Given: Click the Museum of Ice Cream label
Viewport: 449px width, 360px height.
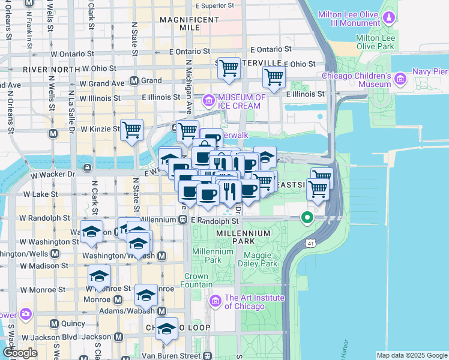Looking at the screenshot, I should point(242,101).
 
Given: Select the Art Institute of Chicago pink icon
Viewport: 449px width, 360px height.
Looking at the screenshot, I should point(216,300).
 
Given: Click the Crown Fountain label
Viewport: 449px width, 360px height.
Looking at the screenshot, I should point(196,281).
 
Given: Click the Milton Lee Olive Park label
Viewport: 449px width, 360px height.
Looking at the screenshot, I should point(375,41).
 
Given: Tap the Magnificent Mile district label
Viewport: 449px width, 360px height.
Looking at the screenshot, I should point(190,24).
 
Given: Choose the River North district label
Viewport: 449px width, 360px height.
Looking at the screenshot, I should point(51,70).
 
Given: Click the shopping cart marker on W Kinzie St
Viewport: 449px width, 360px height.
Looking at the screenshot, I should point(131,129).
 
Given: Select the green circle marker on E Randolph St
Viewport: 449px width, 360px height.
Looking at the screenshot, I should point(308,218).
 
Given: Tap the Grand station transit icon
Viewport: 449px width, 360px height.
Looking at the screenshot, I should point(134,80).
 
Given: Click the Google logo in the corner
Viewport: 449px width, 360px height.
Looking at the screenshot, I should point(20,353).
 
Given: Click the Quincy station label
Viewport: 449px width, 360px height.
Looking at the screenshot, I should point(73,323).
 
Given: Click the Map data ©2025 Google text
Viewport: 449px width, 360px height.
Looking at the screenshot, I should point(412,355).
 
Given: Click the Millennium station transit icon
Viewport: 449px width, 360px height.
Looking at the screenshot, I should point(182,220).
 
